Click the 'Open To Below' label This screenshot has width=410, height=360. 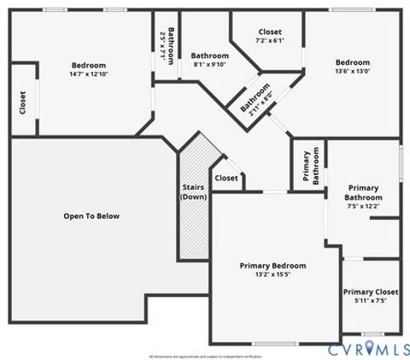pyautogui.click(x=91, y=216)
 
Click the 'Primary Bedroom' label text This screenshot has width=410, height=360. pyautogui.click(x=272, y=266)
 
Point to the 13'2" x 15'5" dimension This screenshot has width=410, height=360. pyautogui.click(x=272, y=275)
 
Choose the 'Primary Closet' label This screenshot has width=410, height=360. pyautogui.click(x=370, y=292)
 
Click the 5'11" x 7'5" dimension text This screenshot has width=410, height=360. pyautogui.click(x=370, y=301)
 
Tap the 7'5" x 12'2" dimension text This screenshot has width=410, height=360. pyautogui.click(x=363, y=206)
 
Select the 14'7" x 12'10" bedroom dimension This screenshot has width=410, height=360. pyautogui.click(x=89, y=74)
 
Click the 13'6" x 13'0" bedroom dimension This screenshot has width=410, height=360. pyautogui.click(x=352, y=72)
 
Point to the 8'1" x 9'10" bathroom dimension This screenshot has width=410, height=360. pyautogui.click(x=209, y=64)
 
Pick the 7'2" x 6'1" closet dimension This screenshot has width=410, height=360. pyautogui.click(x=269, y=40)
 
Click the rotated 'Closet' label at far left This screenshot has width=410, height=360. pyautogui.click(x=22, y=103)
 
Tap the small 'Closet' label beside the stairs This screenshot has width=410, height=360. pyautogui.click(x=226, y=178)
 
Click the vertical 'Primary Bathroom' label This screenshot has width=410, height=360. pyautogui.click(x=310, y=167)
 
